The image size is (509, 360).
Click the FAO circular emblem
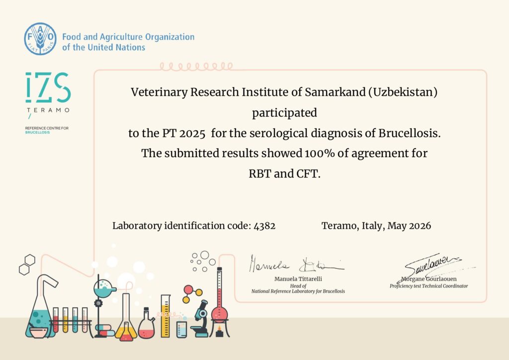click(40, 39)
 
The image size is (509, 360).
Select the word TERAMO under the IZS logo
click(48, 110)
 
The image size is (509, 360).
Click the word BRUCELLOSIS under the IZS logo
click(37, 132)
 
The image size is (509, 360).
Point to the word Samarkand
click(335, 92)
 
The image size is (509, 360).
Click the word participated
click(284, 113)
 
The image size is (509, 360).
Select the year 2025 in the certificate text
click(192, 133)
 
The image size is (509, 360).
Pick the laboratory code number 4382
click(264, 226)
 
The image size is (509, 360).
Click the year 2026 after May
click(420, 226)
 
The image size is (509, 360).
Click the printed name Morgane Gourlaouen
click(429, 279)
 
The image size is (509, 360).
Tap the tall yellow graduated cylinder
click(166, 316)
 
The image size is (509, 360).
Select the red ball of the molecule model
click(188, 289)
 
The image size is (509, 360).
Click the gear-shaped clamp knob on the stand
click(98, 303)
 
